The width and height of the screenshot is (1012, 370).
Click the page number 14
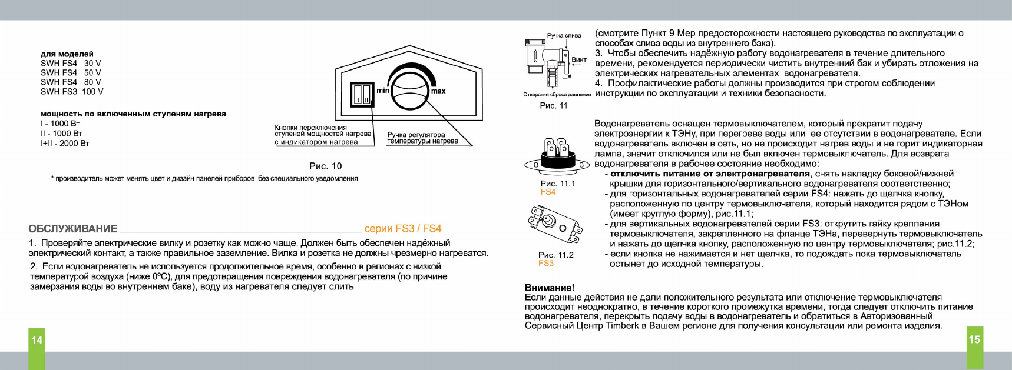tap(37, 340)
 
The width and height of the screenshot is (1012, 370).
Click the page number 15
tap(974, 339)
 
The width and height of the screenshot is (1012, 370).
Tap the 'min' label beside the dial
tap(383, 91)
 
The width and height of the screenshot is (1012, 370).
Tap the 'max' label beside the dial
tap(438, 91)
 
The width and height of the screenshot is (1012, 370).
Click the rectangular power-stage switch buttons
tap(362, 94)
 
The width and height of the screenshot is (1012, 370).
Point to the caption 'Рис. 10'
tap(325, 166)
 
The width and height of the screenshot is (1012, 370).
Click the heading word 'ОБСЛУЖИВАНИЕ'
tap(73, 229)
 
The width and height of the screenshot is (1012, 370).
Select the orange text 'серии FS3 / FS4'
tap(403, 229)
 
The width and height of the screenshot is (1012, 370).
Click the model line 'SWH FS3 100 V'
tap(72, 92)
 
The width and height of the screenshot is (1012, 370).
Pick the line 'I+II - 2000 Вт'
tap(65, 144)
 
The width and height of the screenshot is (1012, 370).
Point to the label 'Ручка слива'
tap(564, 36)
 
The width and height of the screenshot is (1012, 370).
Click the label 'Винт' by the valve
tap(579, 60)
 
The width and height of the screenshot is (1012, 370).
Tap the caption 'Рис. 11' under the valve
tap(554, 106)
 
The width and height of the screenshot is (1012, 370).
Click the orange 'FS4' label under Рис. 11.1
tap(548, 192)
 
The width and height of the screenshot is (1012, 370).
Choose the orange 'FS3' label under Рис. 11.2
tap(546, 264)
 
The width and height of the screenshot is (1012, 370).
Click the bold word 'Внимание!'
tap(549, 288)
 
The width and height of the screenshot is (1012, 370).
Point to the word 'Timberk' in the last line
tap(622, 326)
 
